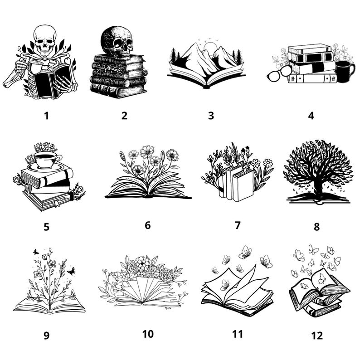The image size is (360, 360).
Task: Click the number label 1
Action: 46,115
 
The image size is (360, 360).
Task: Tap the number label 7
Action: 238,225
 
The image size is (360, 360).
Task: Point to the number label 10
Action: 148,334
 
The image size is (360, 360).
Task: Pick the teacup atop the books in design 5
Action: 45,159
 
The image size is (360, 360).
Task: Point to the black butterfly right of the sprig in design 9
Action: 71,271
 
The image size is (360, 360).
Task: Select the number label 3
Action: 211,115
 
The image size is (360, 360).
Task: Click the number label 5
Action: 46,226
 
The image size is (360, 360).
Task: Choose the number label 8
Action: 316,226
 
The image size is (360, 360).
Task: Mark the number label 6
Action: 147,225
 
